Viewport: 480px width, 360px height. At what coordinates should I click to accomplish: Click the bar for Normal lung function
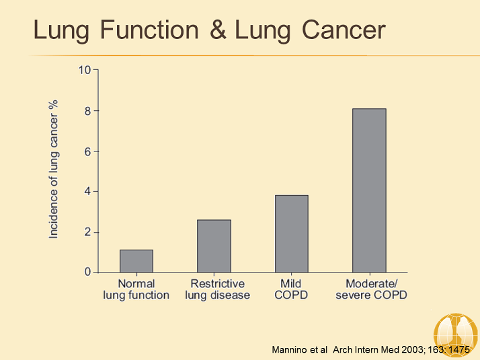pos(136,261)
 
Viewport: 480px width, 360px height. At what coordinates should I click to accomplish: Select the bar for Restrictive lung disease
pos(214,246)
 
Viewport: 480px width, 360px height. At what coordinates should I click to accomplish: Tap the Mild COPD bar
pos(292,233)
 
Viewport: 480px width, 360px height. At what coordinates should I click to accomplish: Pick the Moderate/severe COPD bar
pos(369,190)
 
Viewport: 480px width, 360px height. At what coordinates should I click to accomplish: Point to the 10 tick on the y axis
pos(85,69)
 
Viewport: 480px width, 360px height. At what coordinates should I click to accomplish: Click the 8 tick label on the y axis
pos(87,110)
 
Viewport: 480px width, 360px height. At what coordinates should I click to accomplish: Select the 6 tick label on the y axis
pos(87,151)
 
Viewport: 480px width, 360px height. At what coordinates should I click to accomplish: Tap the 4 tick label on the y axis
pos(87,191)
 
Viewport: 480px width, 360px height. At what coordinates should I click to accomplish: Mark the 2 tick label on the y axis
pos(87,232)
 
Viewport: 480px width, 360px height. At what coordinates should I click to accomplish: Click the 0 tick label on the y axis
pos(87,273)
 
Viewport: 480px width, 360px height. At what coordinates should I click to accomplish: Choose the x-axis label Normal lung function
pos(136,289)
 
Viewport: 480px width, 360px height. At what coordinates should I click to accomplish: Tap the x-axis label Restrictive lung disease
pos(217,289)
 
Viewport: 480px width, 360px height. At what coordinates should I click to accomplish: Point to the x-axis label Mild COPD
pos(292,289)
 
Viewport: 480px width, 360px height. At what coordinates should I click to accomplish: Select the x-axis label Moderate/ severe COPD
pos(372,289)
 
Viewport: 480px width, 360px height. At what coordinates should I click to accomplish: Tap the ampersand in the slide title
pos(218,30)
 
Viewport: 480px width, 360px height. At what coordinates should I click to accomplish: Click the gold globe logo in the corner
pos(456,335)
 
